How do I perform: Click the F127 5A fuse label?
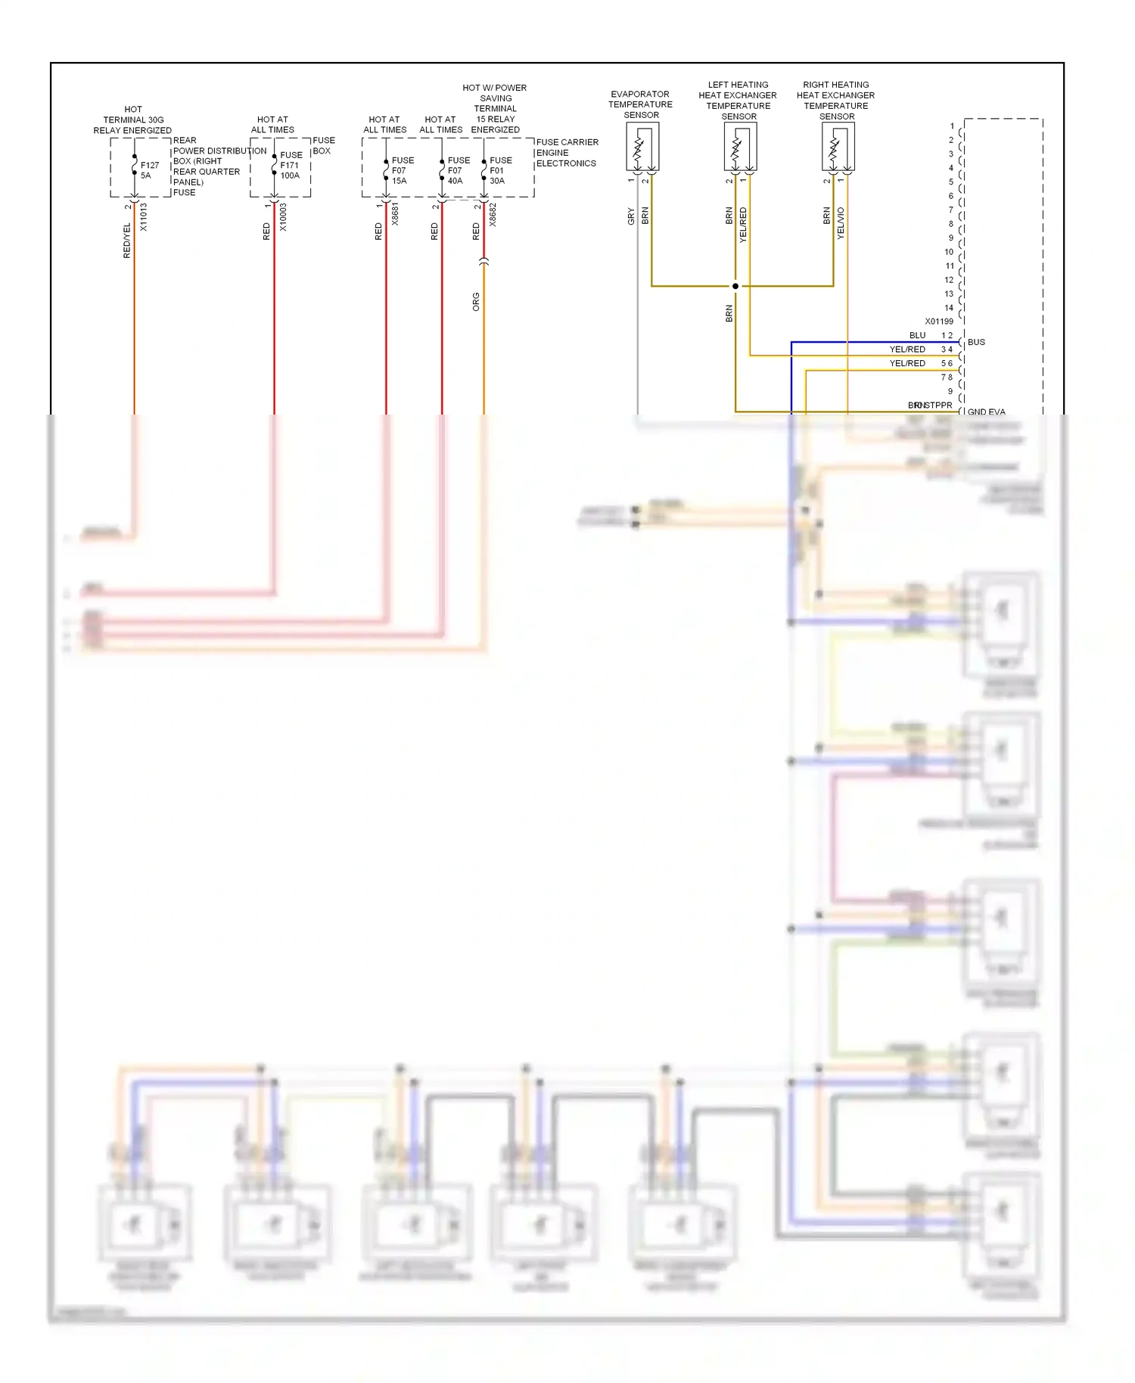point(149,170)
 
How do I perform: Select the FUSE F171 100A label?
point(291,165)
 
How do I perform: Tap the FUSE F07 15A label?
point(402,170)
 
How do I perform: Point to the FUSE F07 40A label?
point(458,170)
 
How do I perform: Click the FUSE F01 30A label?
point(499,170)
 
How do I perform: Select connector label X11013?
point(144,216)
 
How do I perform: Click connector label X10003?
point(283,216)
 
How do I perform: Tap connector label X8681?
point(395,214)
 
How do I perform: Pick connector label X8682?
point(493,214)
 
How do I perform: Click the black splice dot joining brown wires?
point(735,286)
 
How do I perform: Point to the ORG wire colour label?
point(476,302)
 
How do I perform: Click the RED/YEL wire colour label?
point(127,241)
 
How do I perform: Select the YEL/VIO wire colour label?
point(841,224)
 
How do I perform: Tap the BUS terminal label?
point(976,342)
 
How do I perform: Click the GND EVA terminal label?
point(986,412)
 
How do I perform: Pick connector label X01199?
point(939,322)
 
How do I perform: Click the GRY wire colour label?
point(631,217)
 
